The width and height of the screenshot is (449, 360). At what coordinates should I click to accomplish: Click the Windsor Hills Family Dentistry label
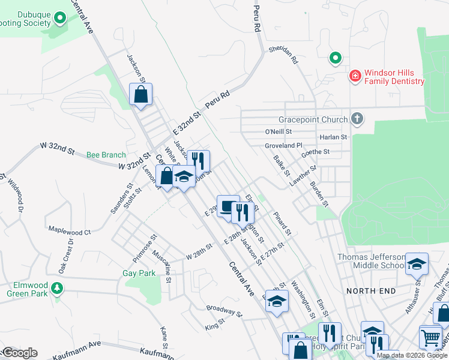point(394,77)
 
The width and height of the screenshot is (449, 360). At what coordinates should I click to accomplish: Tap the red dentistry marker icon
point(355,76)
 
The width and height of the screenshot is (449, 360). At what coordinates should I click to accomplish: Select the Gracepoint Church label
point(313,119)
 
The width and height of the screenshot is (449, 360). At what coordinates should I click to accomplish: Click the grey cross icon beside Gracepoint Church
point(357,118)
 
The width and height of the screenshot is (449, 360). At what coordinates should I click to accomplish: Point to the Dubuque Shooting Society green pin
point(59,19)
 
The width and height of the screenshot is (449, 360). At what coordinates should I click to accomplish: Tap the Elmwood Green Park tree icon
point(57,288)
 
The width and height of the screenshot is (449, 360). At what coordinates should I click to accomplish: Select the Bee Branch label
point(106,155)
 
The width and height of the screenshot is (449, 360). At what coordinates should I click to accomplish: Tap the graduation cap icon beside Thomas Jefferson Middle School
point(417,263)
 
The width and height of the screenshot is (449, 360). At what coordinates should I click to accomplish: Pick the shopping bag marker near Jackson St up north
point(140,94)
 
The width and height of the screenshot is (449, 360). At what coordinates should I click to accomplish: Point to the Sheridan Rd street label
point(283,55)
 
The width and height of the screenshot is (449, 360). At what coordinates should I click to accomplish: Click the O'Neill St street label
point(278,131)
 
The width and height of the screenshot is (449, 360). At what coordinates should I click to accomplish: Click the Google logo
point(20,352)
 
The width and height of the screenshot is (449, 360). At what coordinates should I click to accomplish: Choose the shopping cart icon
point(430,338)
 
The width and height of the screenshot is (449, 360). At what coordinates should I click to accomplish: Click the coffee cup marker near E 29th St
point(228,206)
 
